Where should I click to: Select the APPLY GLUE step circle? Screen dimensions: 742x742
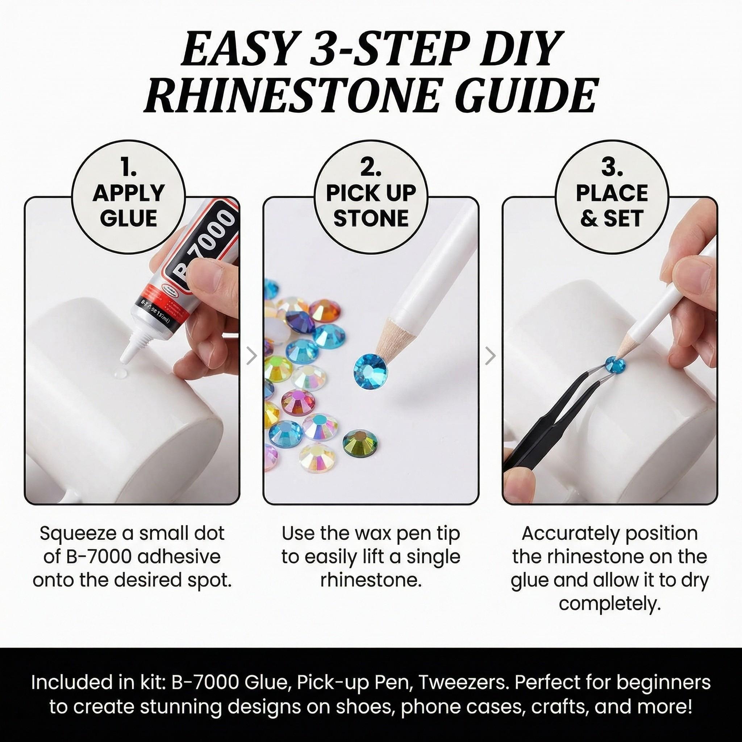(x=129, y=197)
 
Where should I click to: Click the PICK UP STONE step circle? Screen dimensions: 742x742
(x=371, y=197)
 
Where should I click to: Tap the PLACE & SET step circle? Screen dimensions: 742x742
(x=612, y=197)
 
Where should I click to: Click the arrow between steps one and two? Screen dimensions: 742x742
(x=251, y=356)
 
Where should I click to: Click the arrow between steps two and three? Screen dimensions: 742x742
(x=491, y=356)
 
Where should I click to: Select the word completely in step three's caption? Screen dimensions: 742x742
(x=609, y=603)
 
